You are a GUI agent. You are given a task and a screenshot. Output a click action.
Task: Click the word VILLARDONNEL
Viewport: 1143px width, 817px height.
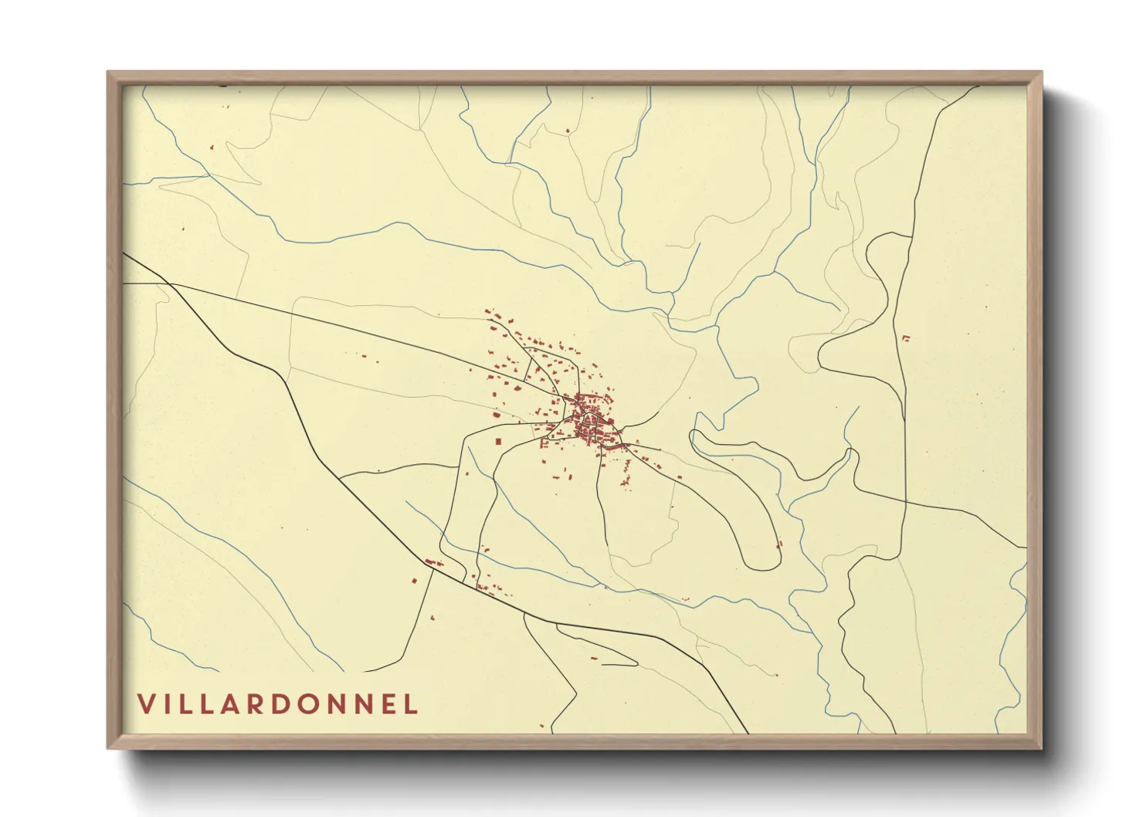278,703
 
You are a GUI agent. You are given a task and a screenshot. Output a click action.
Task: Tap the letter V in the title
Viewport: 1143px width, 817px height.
147,703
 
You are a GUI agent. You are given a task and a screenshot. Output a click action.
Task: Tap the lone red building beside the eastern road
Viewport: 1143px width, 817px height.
906,337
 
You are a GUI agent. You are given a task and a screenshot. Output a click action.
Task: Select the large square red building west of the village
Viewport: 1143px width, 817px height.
498,441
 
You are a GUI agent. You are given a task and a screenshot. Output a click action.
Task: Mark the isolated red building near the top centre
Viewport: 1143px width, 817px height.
568,131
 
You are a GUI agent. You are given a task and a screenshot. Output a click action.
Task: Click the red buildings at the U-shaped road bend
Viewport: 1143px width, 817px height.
778,544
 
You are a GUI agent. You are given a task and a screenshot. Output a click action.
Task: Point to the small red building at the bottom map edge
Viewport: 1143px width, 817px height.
541,726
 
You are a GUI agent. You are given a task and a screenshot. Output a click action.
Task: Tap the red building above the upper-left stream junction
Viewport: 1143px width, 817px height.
212,147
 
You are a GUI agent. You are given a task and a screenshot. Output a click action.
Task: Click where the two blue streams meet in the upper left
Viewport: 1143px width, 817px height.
210,175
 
